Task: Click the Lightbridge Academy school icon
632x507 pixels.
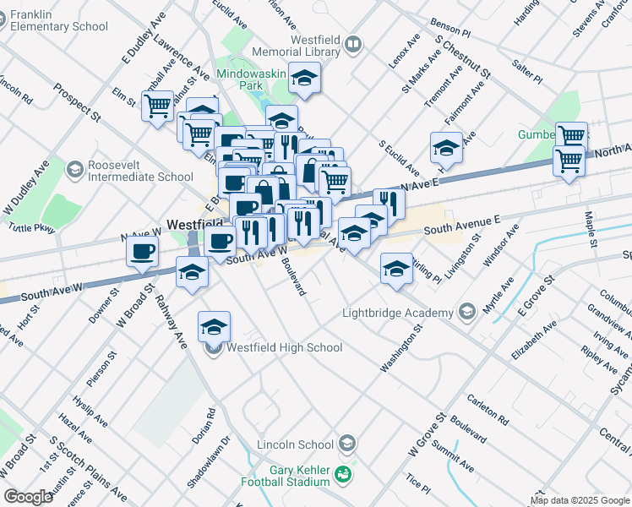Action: pyautogui.click(x=467, y=313)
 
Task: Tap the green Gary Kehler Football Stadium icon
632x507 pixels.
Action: pyautogui.click(x=343, y=475)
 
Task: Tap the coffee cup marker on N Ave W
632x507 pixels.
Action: pyautogui.click(x=142, y=250)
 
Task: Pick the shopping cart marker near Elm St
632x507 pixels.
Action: pyautogui.click(x=157, y=106)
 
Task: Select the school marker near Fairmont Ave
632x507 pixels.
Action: pyautogui.click(x=445, y=148)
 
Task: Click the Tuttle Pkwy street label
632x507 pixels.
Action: pyautogui.click(x=30, y=227)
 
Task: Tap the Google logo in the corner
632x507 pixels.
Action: pyautogui.click(x=28, y=497)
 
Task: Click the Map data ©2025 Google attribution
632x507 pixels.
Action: pyautogui.click(x=580, y=500)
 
